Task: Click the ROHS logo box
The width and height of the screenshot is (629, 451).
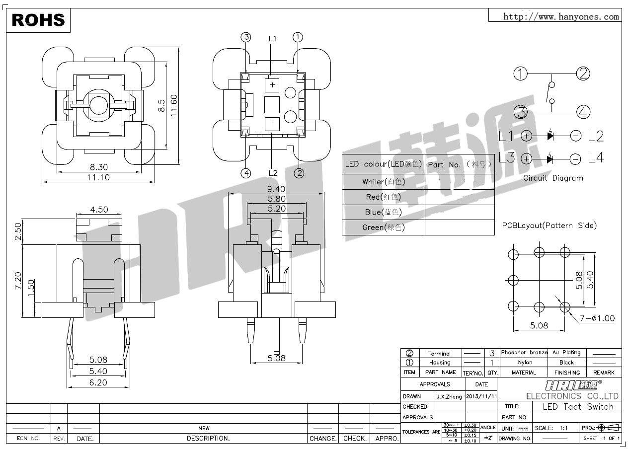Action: point(38,19)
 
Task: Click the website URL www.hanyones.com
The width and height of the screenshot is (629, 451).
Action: point(561,17)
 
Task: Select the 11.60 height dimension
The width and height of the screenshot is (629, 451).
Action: point(173,105)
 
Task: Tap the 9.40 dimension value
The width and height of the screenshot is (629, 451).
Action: point(276,189)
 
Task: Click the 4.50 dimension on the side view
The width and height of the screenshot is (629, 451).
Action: point(99,210)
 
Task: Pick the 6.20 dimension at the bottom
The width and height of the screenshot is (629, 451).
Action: point(98,382)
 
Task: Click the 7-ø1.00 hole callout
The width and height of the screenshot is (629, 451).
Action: point(596,319)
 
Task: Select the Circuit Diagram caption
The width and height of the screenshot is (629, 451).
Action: point(553,178)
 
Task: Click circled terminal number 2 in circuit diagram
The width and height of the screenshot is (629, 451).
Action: point(583,74)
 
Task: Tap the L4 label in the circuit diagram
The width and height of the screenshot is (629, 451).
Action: point(596,158)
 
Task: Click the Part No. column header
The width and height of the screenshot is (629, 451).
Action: point(459,164)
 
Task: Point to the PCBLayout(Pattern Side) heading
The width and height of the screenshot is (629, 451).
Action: point(549,225)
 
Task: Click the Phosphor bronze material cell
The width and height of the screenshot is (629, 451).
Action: point(524,352)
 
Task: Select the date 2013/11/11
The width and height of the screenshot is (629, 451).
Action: point(481,396)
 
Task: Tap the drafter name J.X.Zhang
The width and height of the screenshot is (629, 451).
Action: point(449,396)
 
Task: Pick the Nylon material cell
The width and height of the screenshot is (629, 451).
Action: point(524,363)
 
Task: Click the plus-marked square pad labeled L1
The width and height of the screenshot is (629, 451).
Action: point(272,85)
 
